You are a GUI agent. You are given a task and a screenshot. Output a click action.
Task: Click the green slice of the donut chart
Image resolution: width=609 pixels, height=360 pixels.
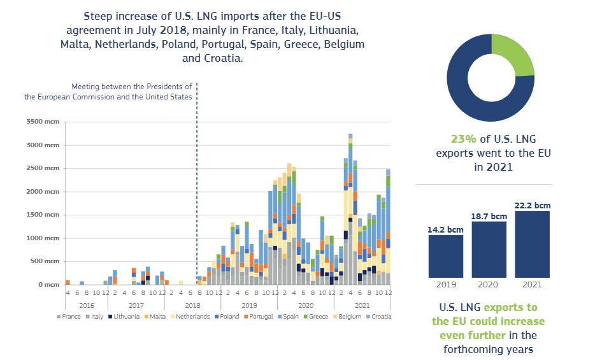point(514,54)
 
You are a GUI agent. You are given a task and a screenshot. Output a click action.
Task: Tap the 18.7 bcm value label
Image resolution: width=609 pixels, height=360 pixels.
point(489,217)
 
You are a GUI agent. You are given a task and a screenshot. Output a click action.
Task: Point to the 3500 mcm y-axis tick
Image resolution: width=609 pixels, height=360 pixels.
point(41,122)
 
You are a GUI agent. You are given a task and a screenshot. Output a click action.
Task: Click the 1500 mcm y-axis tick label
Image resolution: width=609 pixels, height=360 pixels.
point(41,215)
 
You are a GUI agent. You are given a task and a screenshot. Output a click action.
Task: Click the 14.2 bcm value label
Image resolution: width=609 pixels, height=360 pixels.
point(446,230)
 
